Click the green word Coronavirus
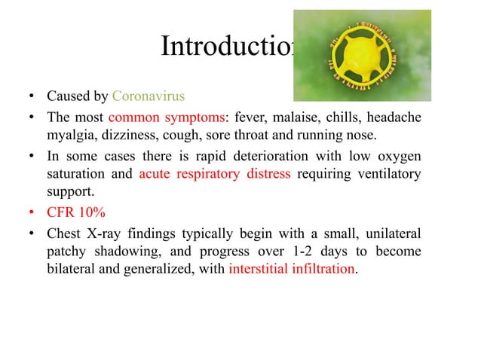148,96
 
